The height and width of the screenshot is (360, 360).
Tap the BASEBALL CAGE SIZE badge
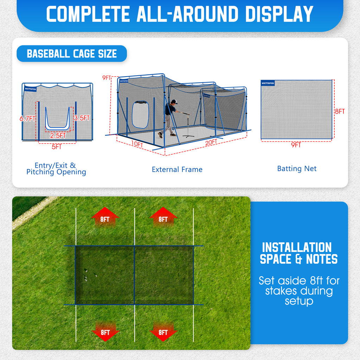pyautogui.click(x=72, y=54)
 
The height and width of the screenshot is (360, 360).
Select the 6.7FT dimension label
pyautogui.click(x=27, y=119)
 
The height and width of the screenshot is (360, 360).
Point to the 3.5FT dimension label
pyautogui.click(x=82, y=118)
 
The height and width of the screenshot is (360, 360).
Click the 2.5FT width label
pyautogui.click(x=58, y=135)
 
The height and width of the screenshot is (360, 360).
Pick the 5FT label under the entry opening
pyautogui.click(x=57, y=147)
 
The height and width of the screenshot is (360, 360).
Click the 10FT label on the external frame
pyautogui.click(x=137, y=144)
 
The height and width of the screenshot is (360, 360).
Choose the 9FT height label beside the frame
pyautogui.click(x=107, y=78)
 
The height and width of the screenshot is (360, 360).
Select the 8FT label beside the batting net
pyautogui.click(x=340, y=111)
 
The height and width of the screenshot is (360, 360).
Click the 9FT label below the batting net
pyautogui.click(x=296, y=145)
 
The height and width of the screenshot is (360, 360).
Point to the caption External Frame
pyautogui.click(x=177, y=169)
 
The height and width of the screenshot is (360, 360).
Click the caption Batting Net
pyautogui.click(x=297, y=169)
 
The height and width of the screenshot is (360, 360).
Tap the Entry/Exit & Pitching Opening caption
pyautogui.click(x=56, y=168)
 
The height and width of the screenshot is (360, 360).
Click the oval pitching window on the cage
pyautogui.click(x=140, y=115)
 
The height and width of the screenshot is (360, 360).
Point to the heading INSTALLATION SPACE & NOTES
pyautogui.click(x=298, y=253)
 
